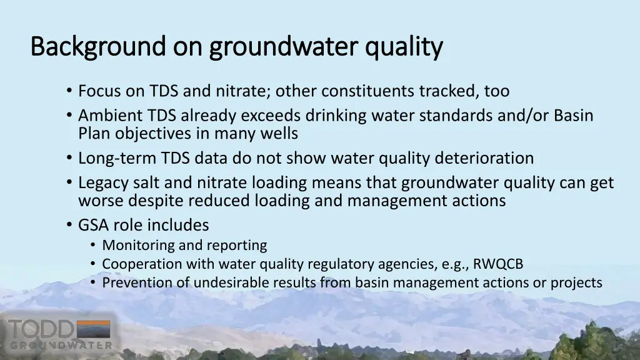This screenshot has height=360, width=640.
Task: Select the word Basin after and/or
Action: (x=573, y=116)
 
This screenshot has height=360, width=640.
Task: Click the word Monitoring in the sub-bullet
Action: (x=139, y=245)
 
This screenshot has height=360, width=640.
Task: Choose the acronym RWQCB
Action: (x=498, y=264)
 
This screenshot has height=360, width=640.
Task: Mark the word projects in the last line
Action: (x=576, y=282)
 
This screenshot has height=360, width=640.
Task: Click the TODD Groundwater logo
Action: (x=60, y=334)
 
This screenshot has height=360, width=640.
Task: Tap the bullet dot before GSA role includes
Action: (x=68, y=225)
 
